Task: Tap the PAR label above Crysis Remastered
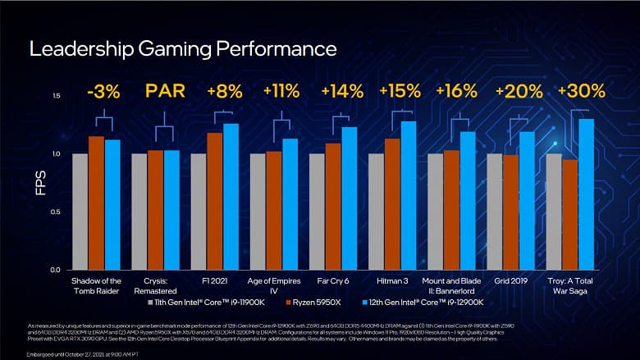point(162,92)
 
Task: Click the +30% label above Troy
point(580,92)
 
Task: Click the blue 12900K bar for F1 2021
point(231,197)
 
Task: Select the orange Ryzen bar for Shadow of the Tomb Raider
point(96,203)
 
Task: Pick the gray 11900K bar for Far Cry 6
point(317,212)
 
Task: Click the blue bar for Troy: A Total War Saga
point(586,194)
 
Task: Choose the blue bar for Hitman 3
point(408,195)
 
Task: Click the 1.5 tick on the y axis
point(56,97)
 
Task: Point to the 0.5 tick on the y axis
point(56,212)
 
